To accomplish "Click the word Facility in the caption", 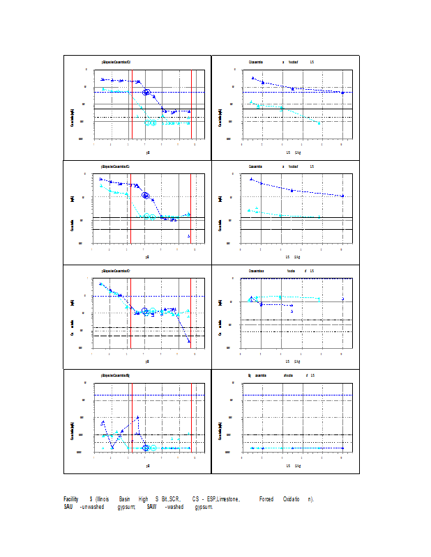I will [x=70, y=499].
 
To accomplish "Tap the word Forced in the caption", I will [x=266, y=499].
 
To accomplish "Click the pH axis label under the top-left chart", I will [x=148, y=152].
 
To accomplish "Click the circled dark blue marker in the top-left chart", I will [x=146, y=92].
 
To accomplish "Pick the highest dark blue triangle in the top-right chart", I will [x=252, y=78].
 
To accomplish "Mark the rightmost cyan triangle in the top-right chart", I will [x=319, y=123].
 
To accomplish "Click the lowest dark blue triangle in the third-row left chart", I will [x=189, y=340].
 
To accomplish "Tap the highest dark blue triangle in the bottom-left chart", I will [x=137, y=417].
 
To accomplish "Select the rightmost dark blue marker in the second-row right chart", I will [x=342, y=196].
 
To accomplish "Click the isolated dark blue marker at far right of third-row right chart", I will [x=342, y=299].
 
